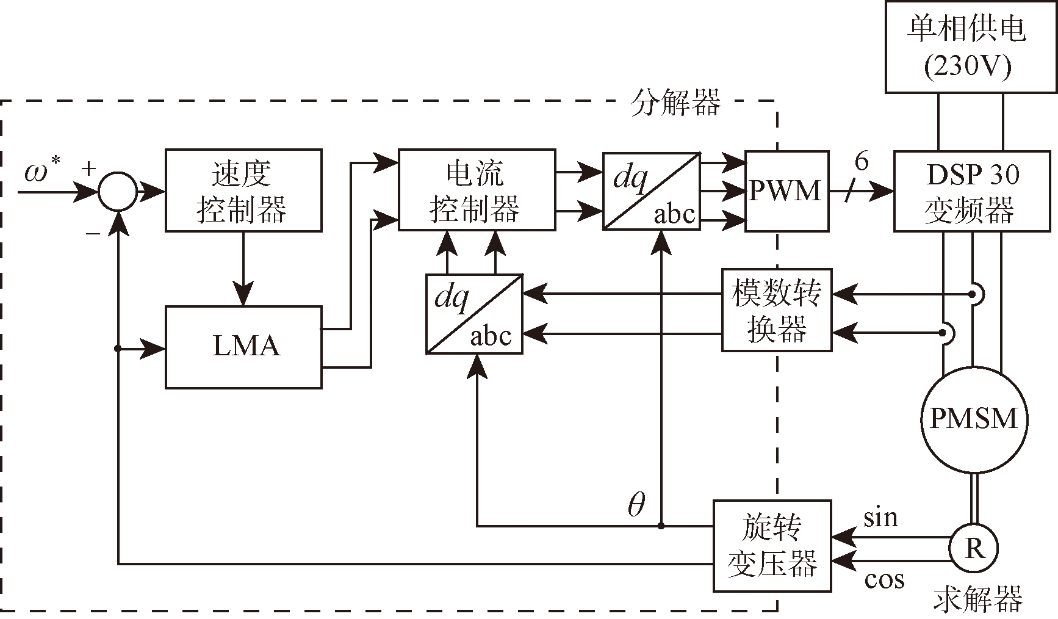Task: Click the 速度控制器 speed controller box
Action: (243, 190)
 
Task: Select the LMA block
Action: (243, 347)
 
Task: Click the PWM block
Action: (786, 190)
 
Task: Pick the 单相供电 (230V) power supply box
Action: (971, 46)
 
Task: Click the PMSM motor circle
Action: (973, 419)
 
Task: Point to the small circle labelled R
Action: (974, 548)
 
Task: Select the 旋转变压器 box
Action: (772, 546)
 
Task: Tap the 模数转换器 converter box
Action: (776, 310)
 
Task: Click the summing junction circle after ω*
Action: (118, 192)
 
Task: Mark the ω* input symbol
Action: (41, 171)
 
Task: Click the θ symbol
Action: (636, 504)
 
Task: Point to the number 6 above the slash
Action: (861, 161)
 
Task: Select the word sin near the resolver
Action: (880, 518)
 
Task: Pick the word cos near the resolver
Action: (884, 579)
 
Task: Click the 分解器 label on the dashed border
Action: (675, 103)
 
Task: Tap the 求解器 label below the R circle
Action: (977, 599)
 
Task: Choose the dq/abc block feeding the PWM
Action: (651, 190)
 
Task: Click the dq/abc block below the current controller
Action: (474, 314)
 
